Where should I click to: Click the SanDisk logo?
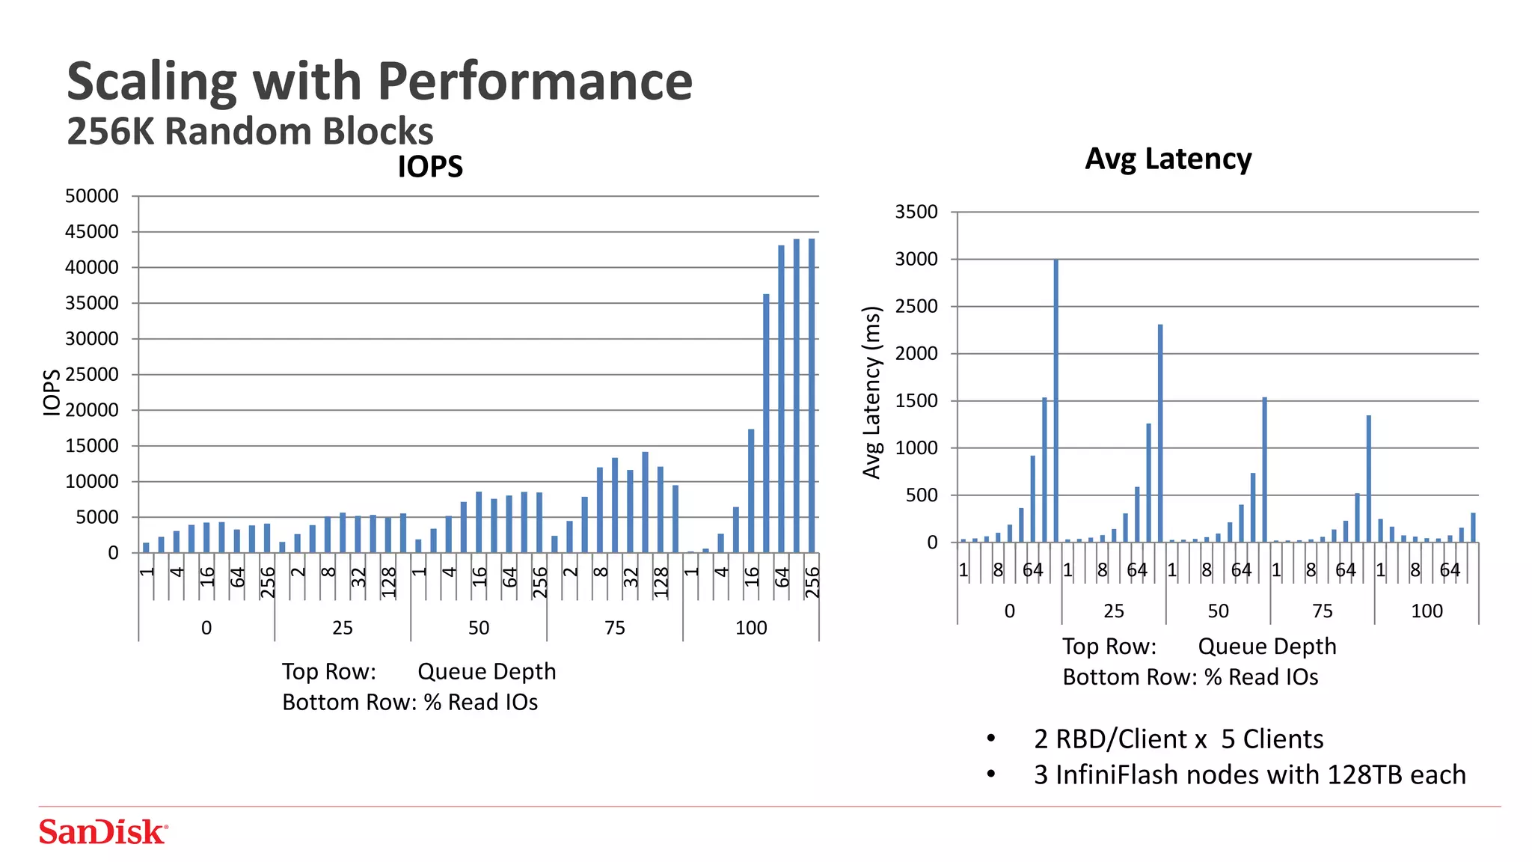[x=103, y=832]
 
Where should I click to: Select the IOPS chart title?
[x=430, y=166]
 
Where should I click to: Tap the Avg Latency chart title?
[x=1168, y=159]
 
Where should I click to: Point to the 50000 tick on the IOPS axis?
[x=92, y=196]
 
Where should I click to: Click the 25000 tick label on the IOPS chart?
[x=92, y=374]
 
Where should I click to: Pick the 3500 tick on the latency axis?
[x=916, y=212]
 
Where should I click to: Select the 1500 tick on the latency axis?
[x=916, y=400]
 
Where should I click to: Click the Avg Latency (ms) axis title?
[x=871, y=392]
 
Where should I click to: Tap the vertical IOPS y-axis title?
[x=51, y=392]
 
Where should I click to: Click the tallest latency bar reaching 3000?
[x=1056, y=400]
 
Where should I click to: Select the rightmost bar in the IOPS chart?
[x=812, y=395]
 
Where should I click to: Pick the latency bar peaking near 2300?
[x=1160, y=433]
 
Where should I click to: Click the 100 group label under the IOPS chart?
[x=751, y=628]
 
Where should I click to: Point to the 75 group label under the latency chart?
[x=1323, y=611]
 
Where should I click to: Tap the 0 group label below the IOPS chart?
[x=206, y=628]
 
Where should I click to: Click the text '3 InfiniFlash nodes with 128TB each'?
[x=1249, y=774]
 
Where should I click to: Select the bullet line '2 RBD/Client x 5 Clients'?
[x=1178, y=739]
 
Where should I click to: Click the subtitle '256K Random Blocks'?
[x=250, y=131]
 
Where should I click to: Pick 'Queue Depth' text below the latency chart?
[x=1266, y=646]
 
